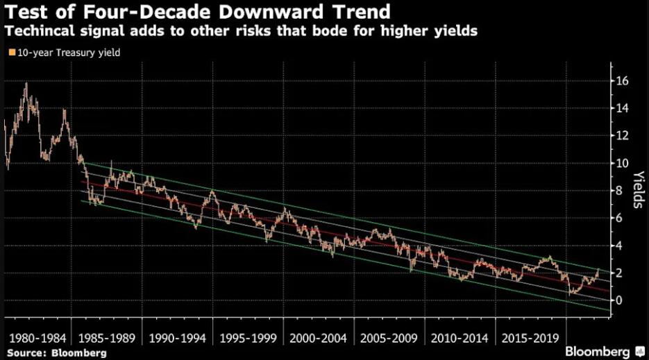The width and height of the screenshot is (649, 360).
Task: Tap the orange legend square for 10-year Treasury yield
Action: pos(10,52)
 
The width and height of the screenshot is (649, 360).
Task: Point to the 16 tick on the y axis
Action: pos(623,81)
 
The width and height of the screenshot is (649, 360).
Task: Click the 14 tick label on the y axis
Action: pos(623,108)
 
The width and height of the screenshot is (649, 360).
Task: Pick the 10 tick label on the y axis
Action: pos(623,163)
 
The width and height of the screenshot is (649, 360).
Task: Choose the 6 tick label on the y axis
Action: pos(619,218)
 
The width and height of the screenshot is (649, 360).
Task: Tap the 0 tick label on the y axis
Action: pos(619,300)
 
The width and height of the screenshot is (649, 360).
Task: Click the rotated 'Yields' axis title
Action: pos(638,190)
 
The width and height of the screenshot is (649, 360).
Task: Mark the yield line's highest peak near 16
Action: pos(26,84)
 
